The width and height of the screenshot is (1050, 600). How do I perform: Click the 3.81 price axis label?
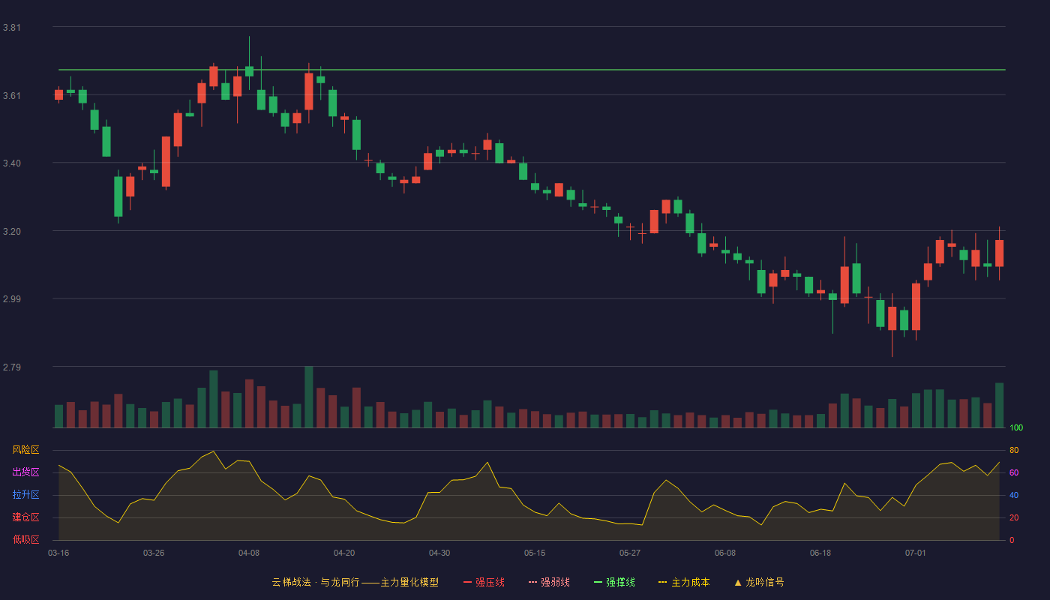coord(12,28)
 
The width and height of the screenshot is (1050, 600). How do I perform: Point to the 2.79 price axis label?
coord(12,367)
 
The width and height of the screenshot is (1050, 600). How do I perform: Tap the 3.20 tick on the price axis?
coord(12,232)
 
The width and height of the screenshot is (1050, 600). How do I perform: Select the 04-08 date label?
coord(249,553)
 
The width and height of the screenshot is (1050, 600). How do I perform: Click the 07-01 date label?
coord(916,553)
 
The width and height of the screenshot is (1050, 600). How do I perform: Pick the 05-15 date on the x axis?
coord(535,553)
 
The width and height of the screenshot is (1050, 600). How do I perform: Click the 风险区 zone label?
coord(25,450)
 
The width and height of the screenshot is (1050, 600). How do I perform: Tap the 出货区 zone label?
coord(25,472)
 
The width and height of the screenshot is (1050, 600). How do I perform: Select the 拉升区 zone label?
coord(25,494)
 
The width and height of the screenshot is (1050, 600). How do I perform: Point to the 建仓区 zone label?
coord(25,517)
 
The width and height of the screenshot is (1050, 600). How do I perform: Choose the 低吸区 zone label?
coord(25,539)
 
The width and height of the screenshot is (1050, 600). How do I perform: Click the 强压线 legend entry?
coord(484,582)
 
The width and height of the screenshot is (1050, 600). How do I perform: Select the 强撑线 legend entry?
coord(614,582)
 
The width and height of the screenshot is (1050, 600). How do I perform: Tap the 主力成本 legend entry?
coord(684,582)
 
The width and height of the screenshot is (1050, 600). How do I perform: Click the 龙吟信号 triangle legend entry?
coord(759,582)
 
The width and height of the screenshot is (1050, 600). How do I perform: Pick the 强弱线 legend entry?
coord(549,582)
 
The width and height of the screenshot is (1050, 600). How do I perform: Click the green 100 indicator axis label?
coord(1016,427)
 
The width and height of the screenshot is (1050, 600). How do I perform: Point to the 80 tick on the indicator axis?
coord(1014,450)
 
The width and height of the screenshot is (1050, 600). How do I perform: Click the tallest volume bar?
coord(309,397)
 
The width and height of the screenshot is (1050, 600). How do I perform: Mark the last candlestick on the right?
coord(999,253)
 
